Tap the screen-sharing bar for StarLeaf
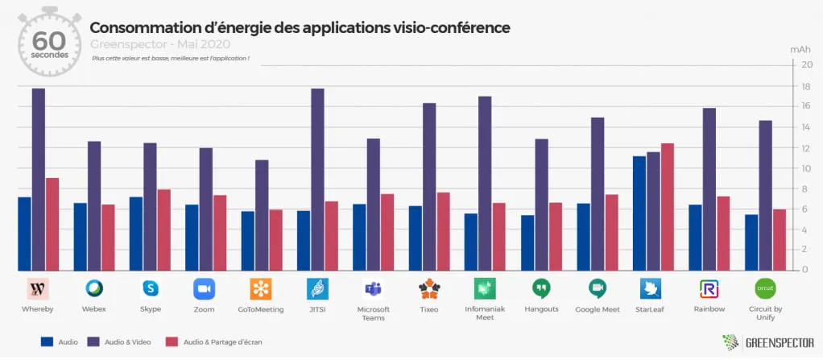click(667, 207)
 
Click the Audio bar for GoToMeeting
click(247, 241)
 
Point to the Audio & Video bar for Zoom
click(205, 209)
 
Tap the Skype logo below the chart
click(150, 289)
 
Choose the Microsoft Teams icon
click(373, 289)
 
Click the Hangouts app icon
click(541, 289)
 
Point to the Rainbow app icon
click(709, 289)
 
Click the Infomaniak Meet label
click(486, 312)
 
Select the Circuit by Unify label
click(764, 312)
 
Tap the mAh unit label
click(800, 50)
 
